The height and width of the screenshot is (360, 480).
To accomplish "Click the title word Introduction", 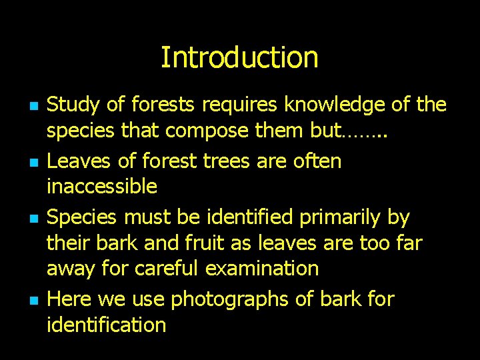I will (239, 57).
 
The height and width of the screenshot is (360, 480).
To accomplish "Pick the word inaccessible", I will (102, 186).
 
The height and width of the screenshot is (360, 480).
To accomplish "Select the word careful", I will (167, 269).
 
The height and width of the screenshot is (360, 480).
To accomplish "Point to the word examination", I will (262, 269).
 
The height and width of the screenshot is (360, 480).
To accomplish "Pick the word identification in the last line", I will (106, 325).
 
